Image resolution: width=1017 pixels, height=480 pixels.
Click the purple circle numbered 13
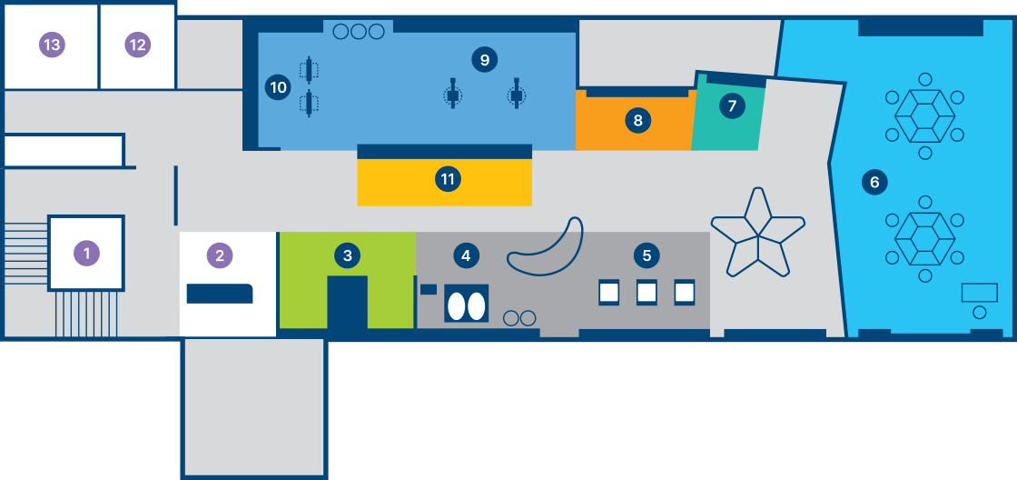(x=52, y=45)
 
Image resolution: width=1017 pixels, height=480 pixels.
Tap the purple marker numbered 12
(x=137, y=45)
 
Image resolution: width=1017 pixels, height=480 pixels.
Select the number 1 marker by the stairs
(x=87, y=253)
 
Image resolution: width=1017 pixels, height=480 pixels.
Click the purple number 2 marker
(x=220, y=255)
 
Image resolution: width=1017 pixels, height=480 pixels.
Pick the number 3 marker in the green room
(x=347, y=255)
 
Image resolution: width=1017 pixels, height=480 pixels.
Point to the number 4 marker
(x=465, y=255)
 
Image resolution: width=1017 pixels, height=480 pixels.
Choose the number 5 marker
(x=647, y=255)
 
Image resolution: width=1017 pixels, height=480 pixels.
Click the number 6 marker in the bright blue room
(x=874, y=183)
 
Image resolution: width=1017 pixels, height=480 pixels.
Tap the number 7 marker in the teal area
(x=732, y=105)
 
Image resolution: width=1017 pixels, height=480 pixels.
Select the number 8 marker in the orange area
(x=638, y=120)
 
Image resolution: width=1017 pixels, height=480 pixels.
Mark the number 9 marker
(x=485, y=60)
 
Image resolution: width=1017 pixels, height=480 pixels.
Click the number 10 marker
(x=278, y=87)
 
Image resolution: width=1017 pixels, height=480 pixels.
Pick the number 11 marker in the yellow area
(x=448, y=178)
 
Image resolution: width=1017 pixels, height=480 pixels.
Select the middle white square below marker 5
(x=647, y=293)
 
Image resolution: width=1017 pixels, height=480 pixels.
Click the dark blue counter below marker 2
(x=220, y=294)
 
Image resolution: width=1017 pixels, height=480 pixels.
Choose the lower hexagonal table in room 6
(x=925, y=239)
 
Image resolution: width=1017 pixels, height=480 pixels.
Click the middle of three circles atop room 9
(x=359, y=31)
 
